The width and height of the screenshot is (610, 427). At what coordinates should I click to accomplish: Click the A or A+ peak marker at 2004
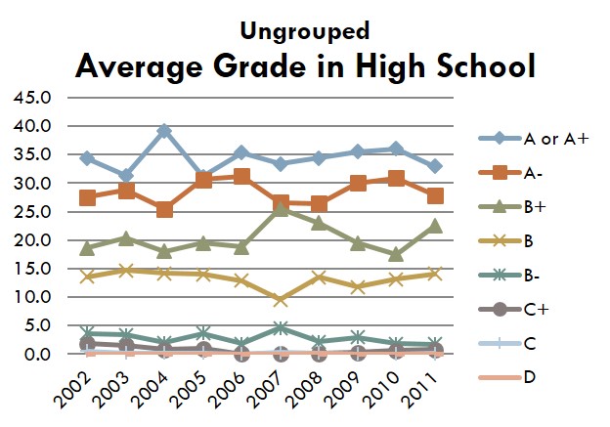click(x=164, y=131)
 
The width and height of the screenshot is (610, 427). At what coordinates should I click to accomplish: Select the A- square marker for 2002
click(x=87, y=197)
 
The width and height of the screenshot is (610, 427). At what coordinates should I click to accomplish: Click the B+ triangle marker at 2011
click(x=434, y=226)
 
